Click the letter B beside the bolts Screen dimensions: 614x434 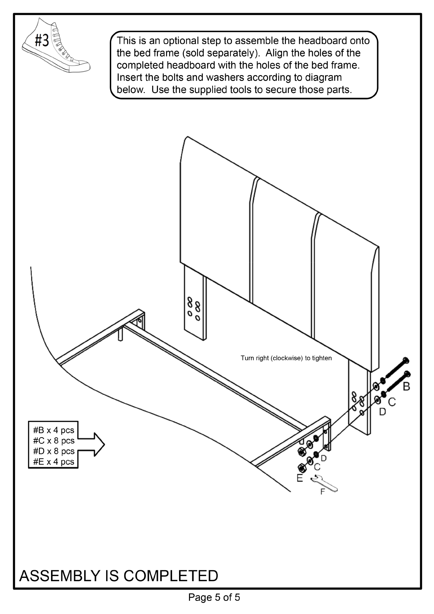(x=407, y=386)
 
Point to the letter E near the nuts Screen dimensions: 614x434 (x=300, y=478)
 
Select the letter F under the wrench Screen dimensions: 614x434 (x=322, y=492)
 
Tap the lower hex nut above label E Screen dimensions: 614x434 (x=302, y=467)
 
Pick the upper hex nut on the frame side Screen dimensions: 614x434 (x=302, y=451)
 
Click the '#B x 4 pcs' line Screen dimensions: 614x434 (x=54, y=430)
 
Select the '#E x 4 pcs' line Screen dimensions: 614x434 (x=54, y=462)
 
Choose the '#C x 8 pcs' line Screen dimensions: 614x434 (x=54, y=440)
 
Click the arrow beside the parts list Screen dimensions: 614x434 (x=93, y=444)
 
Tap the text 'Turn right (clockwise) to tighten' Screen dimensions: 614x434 (x=286, y=358)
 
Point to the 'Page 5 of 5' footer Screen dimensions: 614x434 (x=214, y=597)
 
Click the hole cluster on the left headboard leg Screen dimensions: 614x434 (x=194, y=308)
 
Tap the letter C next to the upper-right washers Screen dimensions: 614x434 (x=392, y=402)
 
